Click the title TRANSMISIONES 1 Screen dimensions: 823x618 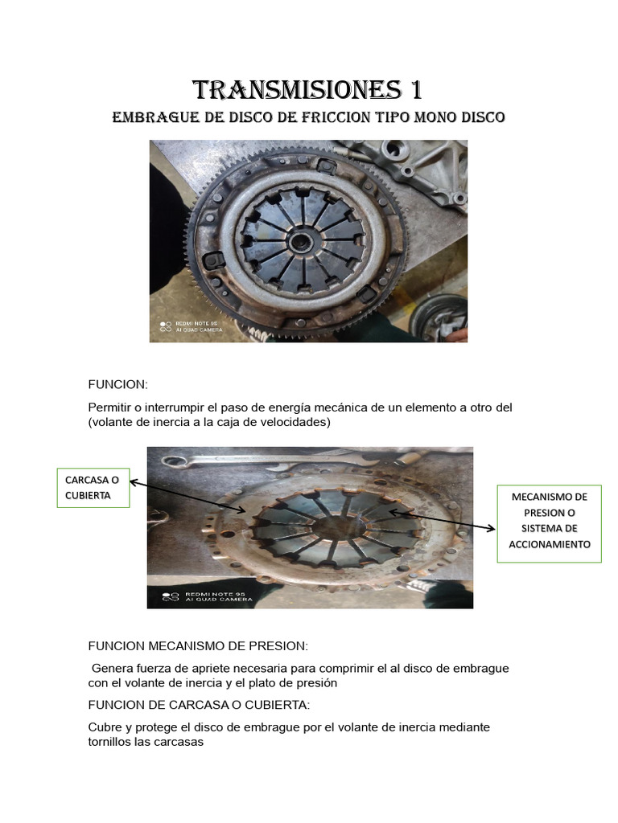click(x=308, y=88)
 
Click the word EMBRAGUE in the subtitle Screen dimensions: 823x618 click(x=150, y=117)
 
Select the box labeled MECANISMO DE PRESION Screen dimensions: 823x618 click(x=549, y=523)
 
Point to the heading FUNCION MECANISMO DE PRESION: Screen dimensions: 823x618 click(x=197, y=646)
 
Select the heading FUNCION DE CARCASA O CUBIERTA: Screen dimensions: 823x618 click(x=198, y=705)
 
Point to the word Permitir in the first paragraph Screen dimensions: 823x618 click(x=111, y=407)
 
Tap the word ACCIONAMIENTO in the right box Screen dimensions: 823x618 click(x=550, y=544)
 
